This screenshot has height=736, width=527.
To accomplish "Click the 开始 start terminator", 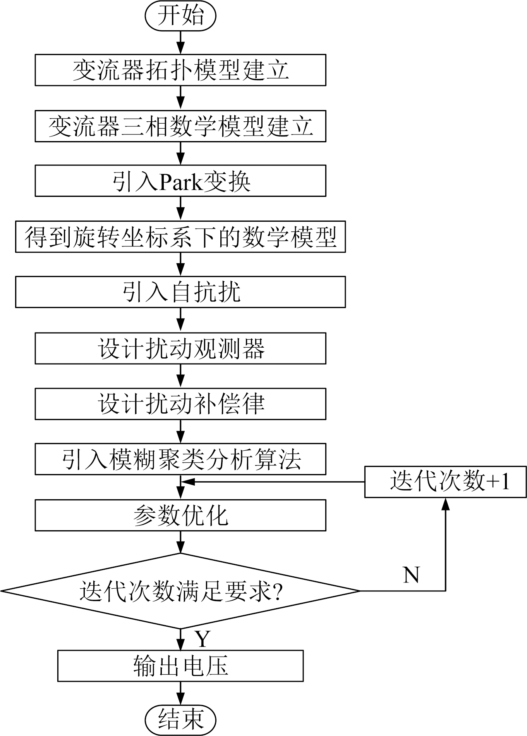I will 180,16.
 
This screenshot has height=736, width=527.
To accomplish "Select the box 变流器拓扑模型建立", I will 180,70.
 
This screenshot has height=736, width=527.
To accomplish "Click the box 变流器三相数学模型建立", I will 180,126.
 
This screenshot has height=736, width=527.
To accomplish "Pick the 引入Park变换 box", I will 180,181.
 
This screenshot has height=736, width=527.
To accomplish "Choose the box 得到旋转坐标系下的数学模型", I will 180,237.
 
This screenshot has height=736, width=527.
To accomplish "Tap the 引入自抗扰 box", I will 180,292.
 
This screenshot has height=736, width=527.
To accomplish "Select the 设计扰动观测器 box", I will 180,348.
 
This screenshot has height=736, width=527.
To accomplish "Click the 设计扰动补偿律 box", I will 180,404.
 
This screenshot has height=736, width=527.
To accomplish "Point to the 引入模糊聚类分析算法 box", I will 180,460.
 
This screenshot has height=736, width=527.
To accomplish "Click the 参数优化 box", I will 180,515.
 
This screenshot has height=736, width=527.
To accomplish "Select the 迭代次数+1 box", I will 445,482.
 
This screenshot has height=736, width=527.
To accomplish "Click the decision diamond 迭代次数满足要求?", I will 180,591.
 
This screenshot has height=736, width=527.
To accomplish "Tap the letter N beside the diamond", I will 411,575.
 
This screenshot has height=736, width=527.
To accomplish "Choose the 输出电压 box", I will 180,666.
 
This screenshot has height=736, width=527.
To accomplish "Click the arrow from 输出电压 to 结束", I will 180,694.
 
